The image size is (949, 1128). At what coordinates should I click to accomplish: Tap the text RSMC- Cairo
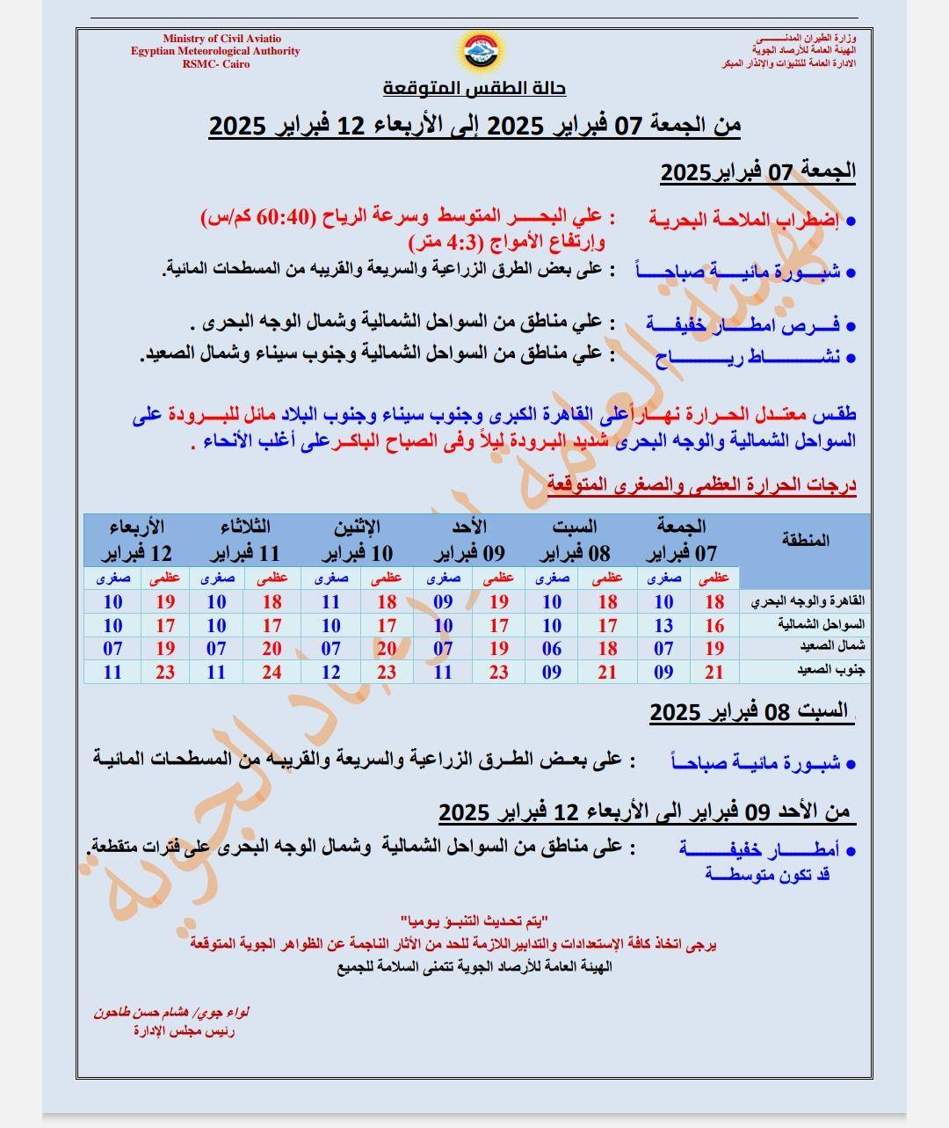tap(215, 64)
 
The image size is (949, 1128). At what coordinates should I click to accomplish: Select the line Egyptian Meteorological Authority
tap(215, 51)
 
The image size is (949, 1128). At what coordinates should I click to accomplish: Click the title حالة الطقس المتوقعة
tap(474, 89)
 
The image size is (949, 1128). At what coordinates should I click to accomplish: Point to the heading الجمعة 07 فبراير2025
tap(757, 171)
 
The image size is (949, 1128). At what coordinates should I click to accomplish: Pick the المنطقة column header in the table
tap(805, 540)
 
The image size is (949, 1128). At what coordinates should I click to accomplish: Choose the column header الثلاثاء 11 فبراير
tap(244, 541)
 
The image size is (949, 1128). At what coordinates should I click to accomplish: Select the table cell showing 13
tap(663, 625)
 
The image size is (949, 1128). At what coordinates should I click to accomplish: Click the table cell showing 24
tap(272, 673)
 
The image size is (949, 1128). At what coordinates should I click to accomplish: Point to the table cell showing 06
tap(552, 649)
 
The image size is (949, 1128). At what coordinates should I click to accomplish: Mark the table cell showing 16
tap(714, 625)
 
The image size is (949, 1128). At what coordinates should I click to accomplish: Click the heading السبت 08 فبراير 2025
tap(749, 712)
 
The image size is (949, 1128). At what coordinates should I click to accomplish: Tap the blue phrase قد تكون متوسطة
tap(768, 874)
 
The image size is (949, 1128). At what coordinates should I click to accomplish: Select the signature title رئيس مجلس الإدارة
tap(184, 1031)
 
